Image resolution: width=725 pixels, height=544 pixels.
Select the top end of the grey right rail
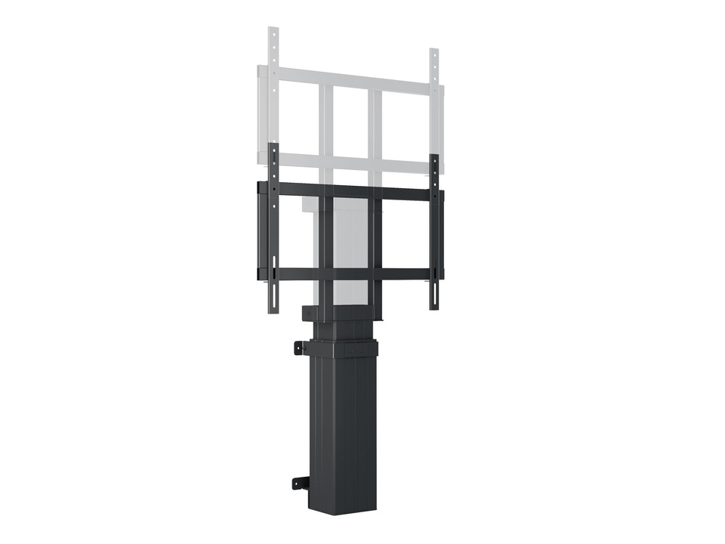pyautogui.click(x=434, y=53)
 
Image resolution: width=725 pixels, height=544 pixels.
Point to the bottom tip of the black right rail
pyautogui.click(x=434, y=308)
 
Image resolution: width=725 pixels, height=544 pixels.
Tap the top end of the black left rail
pyautogui.click(x=274, y=146)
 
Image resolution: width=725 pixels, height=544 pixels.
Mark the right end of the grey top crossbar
pyautogui.click(x=441, y=91)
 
